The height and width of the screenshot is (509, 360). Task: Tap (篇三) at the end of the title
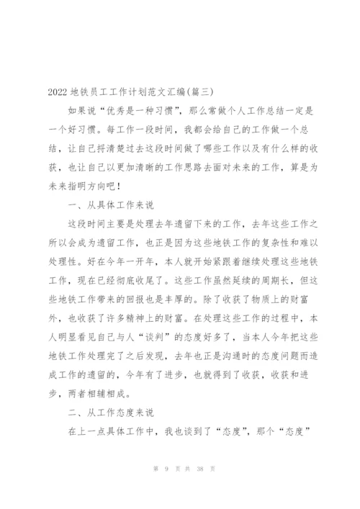click(199, 91)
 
